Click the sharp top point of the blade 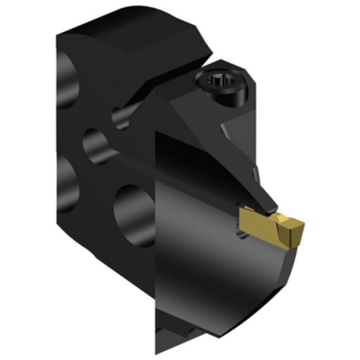click(x=156, y=131)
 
